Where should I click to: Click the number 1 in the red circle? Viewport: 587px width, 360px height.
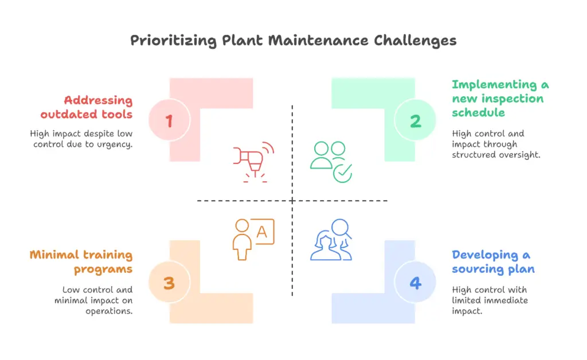point(169,121)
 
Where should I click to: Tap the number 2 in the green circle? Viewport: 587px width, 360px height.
point(415,121)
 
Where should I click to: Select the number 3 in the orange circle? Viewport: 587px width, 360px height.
point(169,283)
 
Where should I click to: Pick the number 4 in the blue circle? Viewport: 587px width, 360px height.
point(415,283)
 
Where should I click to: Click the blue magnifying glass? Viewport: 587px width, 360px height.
point(341,229)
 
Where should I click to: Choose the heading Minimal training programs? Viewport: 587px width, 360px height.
point(81,262)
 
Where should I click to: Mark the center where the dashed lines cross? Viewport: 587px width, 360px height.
point(292,201)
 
